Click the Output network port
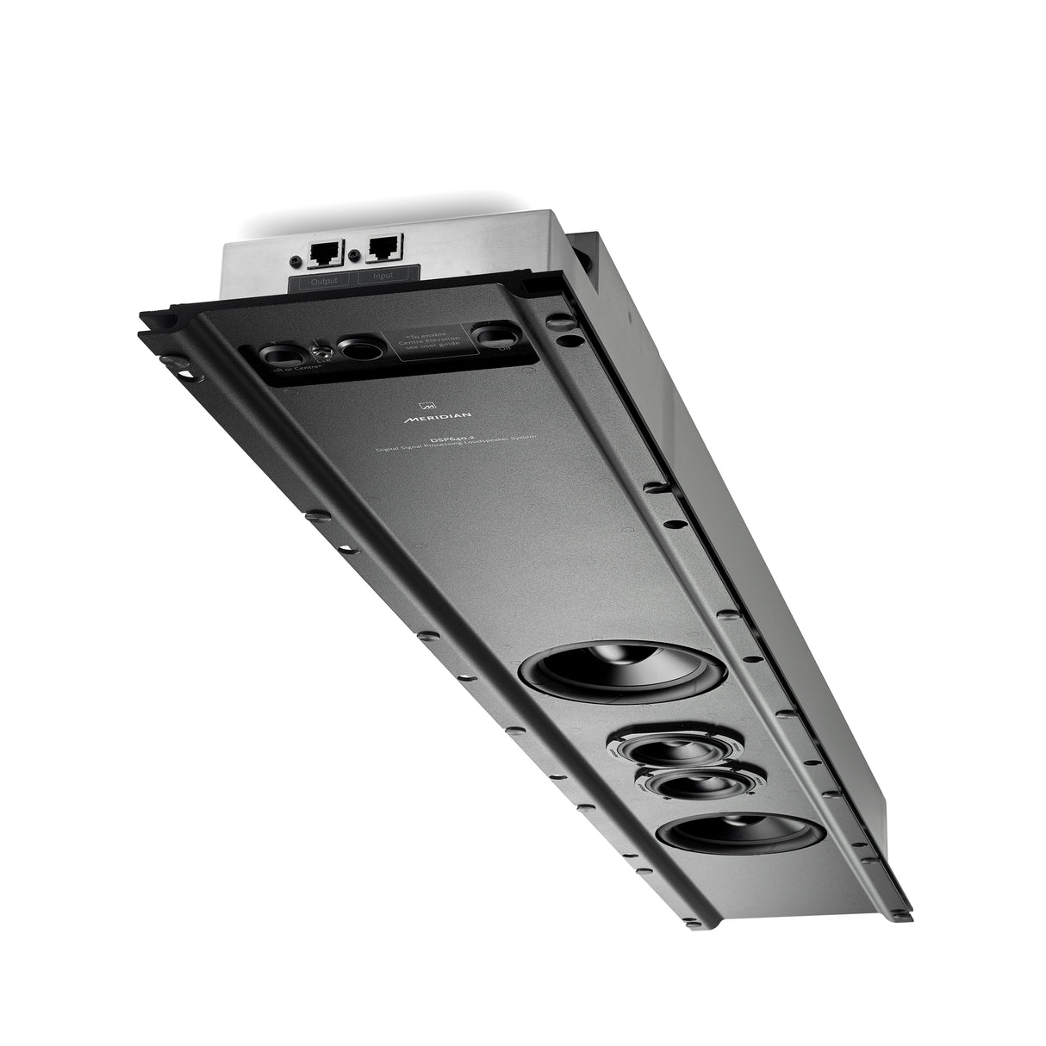(325, 253)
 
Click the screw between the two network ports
(353, 254)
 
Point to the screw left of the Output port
(297, 258)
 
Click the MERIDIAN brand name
(430, 417)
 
